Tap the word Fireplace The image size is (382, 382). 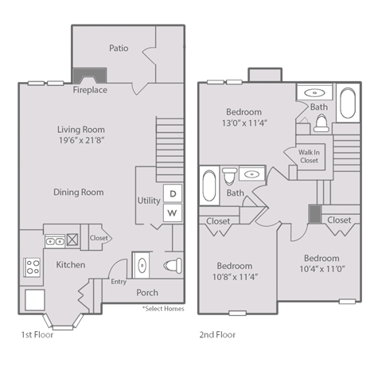tap(90, 90)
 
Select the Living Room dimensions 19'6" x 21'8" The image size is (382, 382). tap(80, 141)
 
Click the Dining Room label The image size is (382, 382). tap(79, 192)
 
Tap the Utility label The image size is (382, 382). tap(148, 201)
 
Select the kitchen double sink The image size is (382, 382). tap(54, 238)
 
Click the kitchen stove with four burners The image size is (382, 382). tap(33, 267)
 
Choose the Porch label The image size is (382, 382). tap(146, 292)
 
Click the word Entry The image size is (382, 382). tap(119, 282)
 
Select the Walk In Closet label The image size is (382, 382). tap(309, 155)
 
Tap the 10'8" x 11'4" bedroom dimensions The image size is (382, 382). tap(234, 277)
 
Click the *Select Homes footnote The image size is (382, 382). tap(158, 306)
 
